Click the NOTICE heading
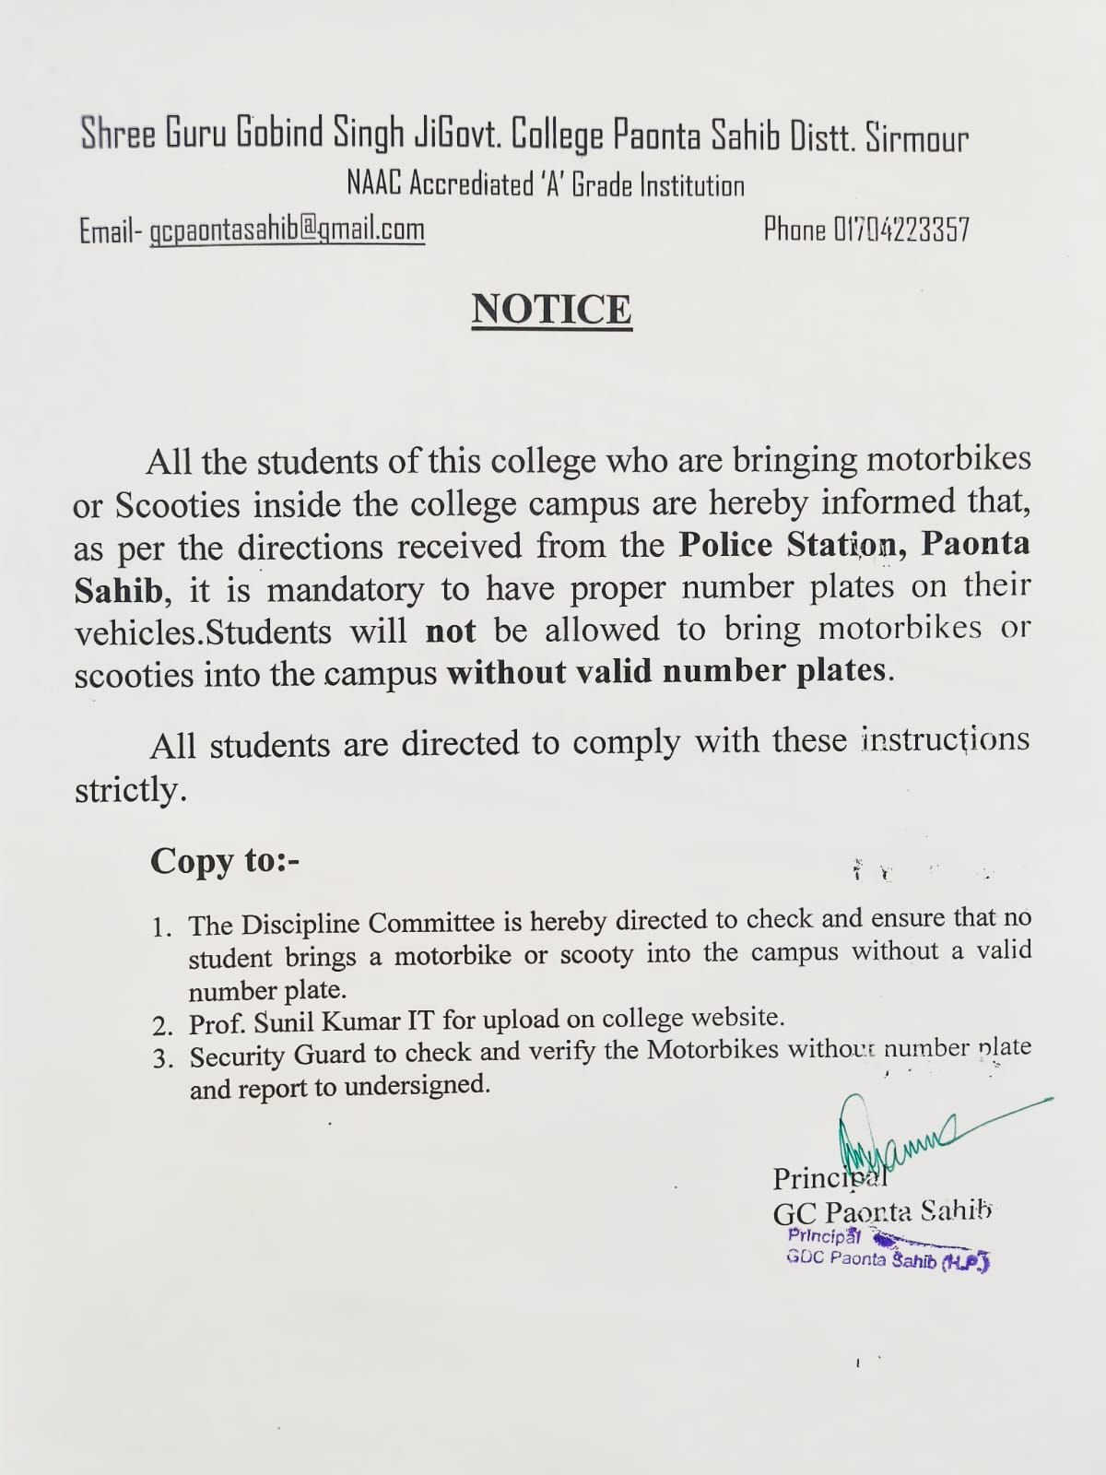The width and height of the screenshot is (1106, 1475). [551, 310]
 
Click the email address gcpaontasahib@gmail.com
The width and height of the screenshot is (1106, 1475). [287, 230]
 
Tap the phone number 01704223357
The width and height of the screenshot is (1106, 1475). [901, 229]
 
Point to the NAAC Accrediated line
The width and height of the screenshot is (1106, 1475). [545, 185]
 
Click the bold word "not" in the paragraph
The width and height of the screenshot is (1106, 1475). [450, 631]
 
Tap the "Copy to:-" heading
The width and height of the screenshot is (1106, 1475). [225, 861]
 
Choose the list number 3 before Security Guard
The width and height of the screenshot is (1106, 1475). [163, 1058]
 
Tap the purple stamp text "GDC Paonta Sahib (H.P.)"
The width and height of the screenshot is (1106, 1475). [887, 1259]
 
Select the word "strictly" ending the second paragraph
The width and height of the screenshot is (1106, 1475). [129, 790]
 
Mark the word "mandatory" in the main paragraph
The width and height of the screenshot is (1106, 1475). [346, 588]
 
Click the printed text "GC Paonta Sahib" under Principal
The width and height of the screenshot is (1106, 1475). [882, 1213]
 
